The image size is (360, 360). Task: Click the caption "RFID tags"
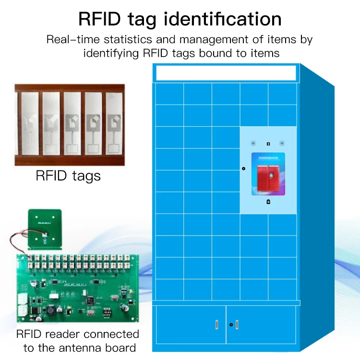click(68, 176)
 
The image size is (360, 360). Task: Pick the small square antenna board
click(45, 228)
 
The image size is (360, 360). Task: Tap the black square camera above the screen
click(268, 144)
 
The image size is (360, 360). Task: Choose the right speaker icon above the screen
click(282, 144)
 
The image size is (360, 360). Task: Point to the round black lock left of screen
click(243, 169)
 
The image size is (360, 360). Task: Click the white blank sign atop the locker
click(225, 72)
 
